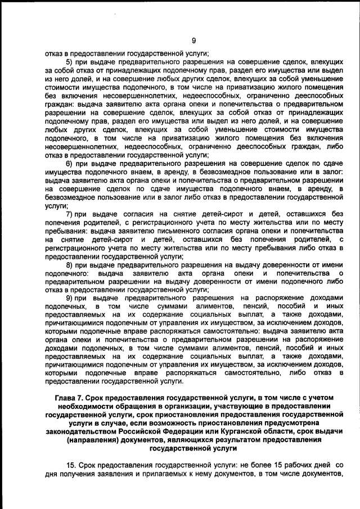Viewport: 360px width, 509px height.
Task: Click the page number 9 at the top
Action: pyautogui.click(x=193, y=40)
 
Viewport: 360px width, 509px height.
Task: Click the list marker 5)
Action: pyautogui.click(x=70, y=61)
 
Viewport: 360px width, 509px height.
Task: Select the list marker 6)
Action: pyautogui.click(x=70, y=163)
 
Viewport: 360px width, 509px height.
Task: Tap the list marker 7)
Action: pyautogui.click(x=70, y=214)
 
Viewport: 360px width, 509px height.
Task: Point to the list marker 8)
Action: pyautogui.click(x=70, y=265)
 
